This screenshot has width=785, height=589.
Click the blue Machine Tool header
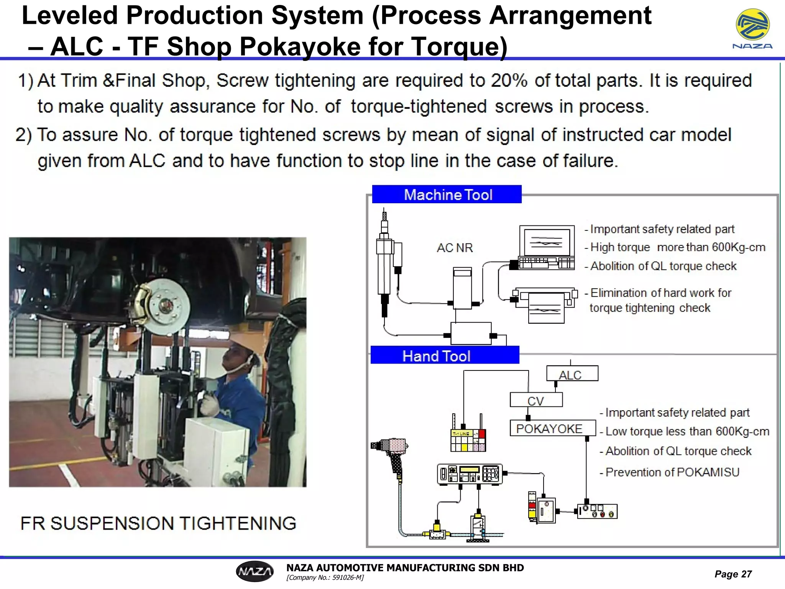(447, 194)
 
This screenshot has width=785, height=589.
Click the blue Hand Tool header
(445, 355)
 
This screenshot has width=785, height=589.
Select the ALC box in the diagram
(572, 373)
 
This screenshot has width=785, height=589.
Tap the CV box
(536, 400)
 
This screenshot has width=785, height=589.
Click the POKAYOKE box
(552, 428)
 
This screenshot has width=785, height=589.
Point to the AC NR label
(455, 248)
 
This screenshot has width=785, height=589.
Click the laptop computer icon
(547, 247)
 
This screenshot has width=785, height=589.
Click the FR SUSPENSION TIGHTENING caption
(158, 523)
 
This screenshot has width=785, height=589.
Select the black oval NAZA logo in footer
(255, 571)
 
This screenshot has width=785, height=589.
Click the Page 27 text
(732, 574)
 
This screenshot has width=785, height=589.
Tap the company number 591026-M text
(325, 577)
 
